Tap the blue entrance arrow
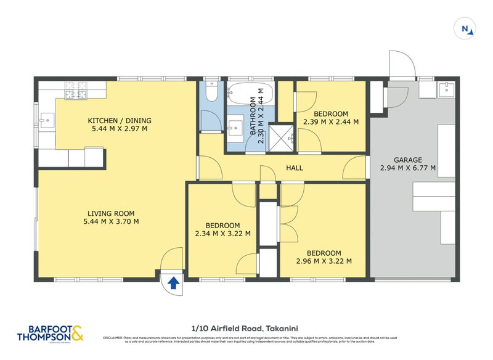174,282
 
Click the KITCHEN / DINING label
120,120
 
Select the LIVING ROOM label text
111,213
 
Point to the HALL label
294,168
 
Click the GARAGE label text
408,159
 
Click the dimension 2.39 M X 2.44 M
331,122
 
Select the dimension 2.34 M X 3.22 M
222,234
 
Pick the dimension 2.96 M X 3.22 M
324,261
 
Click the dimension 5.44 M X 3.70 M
111,222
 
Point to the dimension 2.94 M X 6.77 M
408,168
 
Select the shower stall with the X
283,137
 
